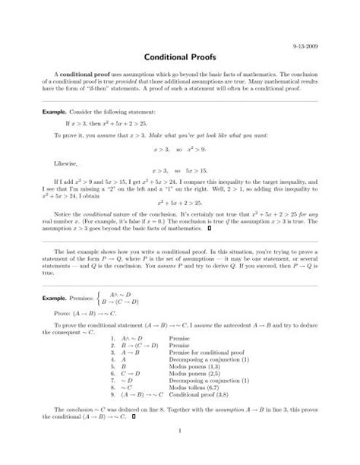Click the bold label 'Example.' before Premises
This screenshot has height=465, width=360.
click(56, 299)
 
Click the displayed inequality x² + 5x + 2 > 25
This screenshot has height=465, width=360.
click(180, 204)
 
